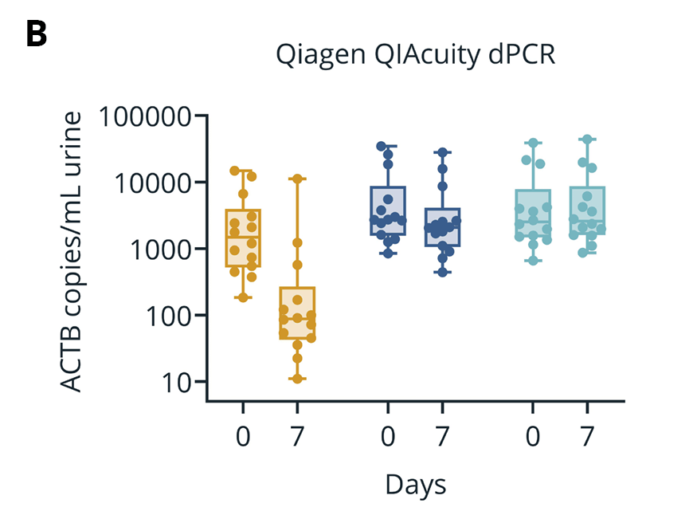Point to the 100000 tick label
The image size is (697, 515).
[x=147, y=116]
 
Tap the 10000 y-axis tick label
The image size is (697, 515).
[x=156, y=183]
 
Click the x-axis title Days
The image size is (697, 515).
[x=415, y=484]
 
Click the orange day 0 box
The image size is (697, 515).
[x=243, y=238]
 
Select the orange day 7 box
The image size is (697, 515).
[x=297, y=313]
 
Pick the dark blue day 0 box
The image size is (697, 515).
[x=388, y=210]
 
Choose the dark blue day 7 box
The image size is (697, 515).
[x=442, y=226]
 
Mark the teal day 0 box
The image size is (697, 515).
[x=533, y=213]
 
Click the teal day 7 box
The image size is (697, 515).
[x=587, y=210]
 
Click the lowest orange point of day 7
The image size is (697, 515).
[x=297, y=379]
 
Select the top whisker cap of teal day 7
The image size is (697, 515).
[x=587, y=140]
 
